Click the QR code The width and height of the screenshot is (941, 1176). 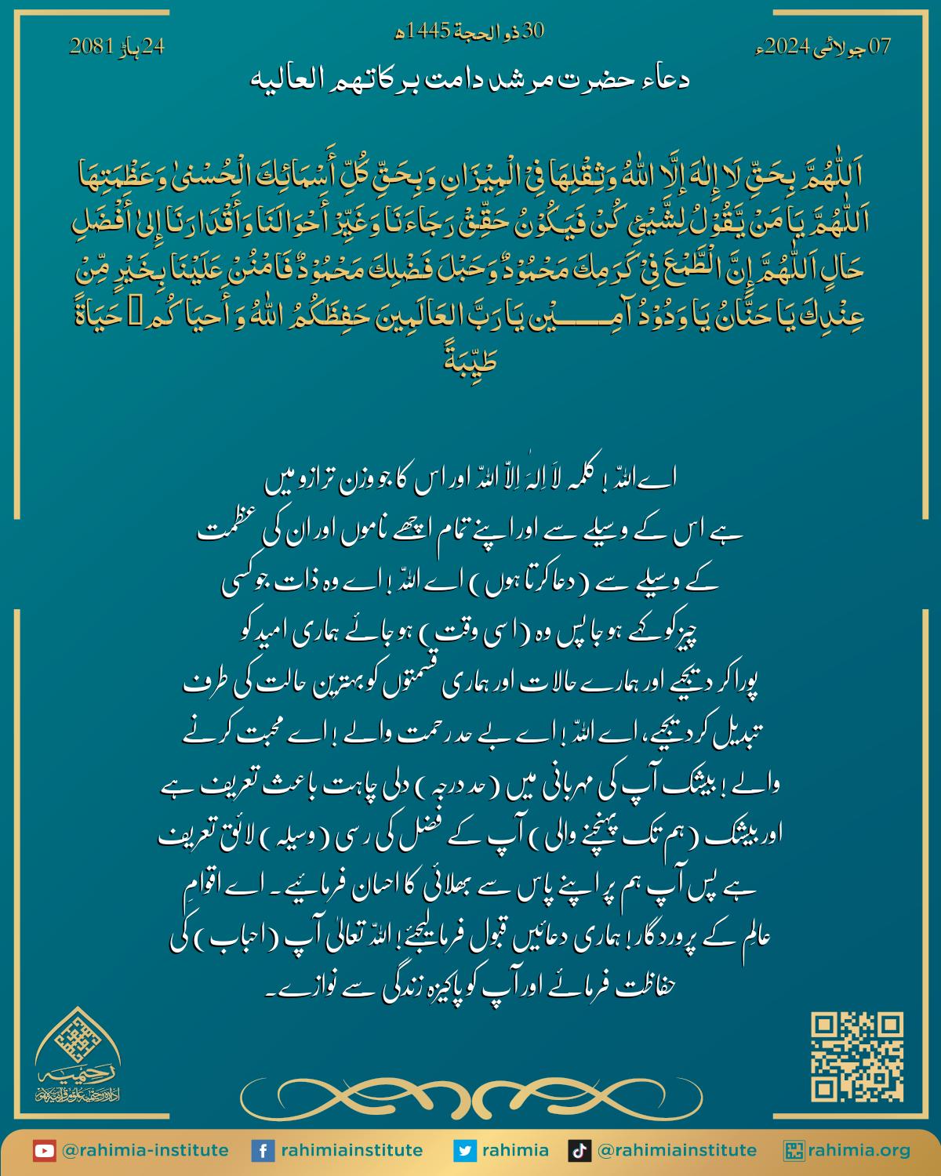[x=856, y=1057]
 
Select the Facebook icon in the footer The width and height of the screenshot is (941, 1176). [x=263, y=1151]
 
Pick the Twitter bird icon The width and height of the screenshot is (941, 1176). [x=465, y=1151]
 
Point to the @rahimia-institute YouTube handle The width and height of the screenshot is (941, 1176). [x=145, y=1151]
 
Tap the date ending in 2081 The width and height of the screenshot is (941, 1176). [x=118, y=46]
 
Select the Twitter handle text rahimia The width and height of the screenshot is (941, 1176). [x=515, y=1151]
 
